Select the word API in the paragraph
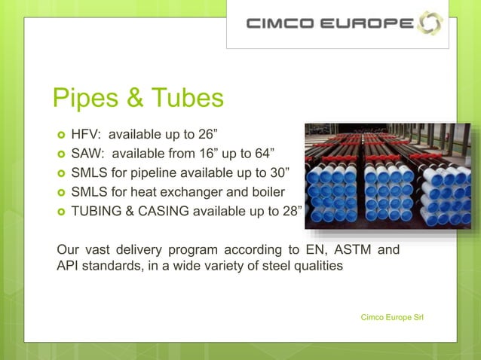click(x=69, y=267)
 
